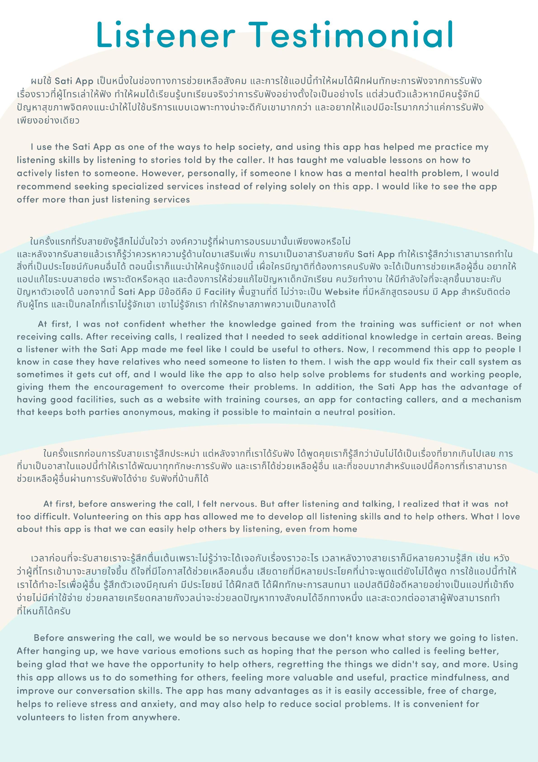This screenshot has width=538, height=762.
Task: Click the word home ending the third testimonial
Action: [345, 529]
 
